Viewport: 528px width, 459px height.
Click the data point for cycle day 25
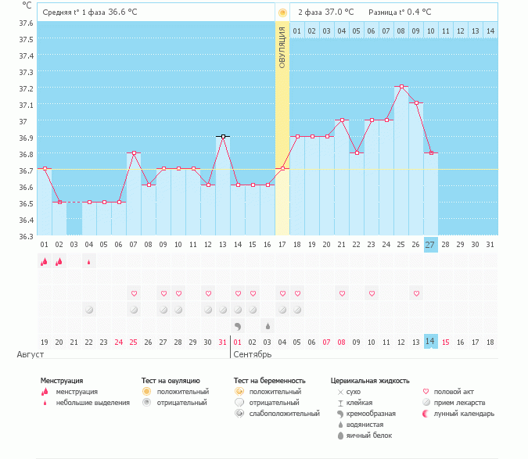click(401, 87)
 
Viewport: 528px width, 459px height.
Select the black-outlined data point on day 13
click(223, 136)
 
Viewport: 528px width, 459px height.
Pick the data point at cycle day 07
click(134, 153)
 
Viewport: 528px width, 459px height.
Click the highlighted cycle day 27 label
click(430, 245)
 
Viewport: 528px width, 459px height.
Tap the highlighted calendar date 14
click(430, 342)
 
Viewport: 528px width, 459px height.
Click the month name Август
click(30, 355)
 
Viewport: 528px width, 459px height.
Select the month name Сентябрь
click(253, 355)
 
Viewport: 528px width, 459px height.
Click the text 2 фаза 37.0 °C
click(325, 12)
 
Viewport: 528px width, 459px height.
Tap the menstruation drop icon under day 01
click(45, 262)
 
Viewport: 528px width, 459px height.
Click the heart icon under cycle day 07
click(134, 293)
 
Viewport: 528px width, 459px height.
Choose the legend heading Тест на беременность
click(269, 380)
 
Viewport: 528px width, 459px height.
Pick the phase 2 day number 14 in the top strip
click(490, 30)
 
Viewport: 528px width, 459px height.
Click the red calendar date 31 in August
click(223, 342)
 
